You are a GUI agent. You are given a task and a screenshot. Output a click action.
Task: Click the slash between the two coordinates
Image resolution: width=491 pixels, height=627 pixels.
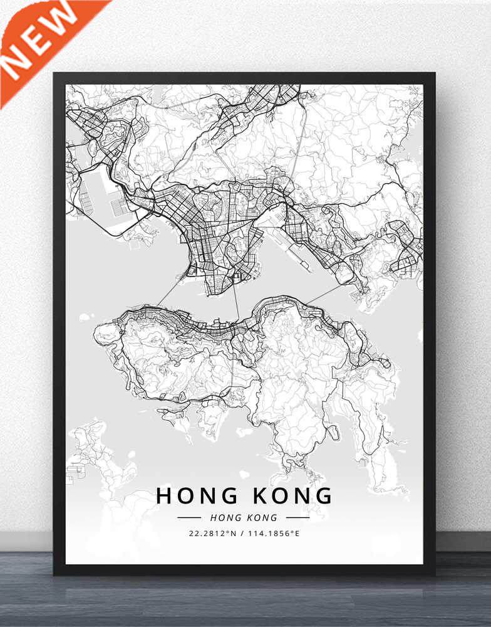coord(245,534)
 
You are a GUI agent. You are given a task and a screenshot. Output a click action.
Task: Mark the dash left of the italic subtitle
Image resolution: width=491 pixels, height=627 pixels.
coord(189,518)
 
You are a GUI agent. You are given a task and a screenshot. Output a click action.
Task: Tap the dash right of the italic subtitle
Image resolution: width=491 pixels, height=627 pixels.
coord(298,518)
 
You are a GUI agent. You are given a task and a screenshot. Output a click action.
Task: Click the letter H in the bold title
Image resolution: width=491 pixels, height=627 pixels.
coord(163,495)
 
